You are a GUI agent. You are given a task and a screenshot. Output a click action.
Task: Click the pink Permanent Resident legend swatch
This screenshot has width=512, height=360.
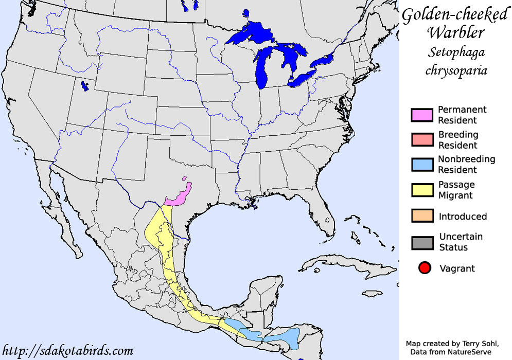421,115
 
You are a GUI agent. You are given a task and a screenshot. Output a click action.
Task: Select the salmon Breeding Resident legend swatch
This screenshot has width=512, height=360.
421,140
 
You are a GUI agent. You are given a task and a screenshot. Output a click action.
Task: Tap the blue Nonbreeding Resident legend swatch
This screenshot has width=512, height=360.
421,165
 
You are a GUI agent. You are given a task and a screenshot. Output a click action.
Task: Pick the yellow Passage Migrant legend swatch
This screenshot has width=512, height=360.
421,190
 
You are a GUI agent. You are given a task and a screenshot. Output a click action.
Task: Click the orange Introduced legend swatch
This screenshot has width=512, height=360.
421,216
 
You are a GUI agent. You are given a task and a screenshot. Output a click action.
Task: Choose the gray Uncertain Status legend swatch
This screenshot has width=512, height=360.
421,242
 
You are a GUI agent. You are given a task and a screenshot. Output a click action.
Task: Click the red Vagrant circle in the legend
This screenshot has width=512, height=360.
425,268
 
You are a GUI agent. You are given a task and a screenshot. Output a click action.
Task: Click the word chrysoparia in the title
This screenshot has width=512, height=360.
456,69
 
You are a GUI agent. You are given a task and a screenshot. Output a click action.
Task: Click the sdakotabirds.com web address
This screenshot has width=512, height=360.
67,351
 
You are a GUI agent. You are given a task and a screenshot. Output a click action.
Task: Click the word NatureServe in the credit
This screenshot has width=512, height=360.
469,352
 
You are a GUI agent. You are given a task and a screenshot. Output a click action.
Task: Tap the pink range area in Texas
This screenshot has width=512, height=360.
178,197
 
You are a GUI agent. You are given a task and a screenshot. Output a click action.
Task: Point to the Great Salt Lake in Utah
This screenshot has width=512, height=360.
84,86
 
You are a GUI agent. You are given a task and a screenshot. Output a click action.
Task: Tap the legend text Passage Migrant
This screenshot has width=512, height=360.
456,190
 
